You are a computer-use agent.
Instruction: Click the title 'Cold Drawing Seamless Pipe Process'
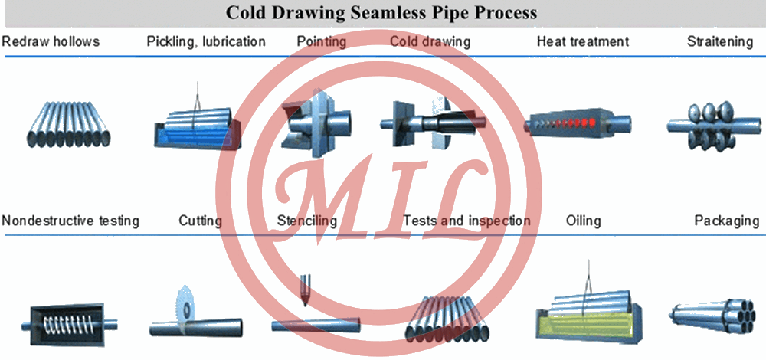[381, 13]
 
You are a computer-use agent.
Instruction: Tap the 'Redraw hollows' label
[51, 41]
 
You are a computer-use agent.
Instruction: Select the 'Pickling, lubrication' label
[206, 41]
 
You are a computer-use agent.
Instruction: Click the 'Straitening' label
[719, 41]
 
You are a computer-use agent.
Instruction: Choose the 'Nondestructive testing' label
[70, 221]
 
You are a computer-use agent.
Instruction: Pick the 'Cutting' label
[200, 221]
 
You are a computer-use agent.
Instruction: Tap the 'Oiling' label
[583, 221]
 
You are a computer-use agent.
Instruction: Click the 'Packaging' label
[726, 221]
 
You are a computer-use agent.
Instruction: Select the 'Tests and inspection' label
[466, 221]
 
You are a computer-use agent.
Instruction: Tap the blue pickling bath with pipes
[196, 130]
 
